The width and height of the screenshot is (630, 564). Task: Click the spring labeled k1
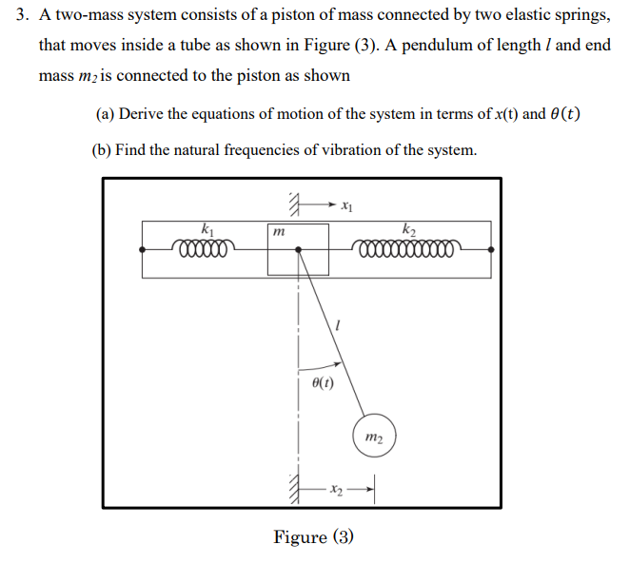(x=203, y=249)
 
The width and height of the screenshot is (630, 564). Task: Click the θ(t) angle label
(x=323, y=383)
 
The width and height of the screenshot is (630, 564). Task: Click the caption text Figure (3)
(x=314, y=537)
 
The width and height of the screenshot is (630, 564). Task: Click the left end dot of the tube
(x=143, y=249)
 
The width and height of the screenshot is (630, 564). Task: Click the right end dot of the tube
(x=491, y=249)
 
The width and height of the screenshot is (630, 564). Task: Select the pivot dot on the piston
(x=299, y=249)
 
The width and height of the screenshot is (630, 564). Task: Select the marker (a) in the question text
(x=105, y=114)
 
